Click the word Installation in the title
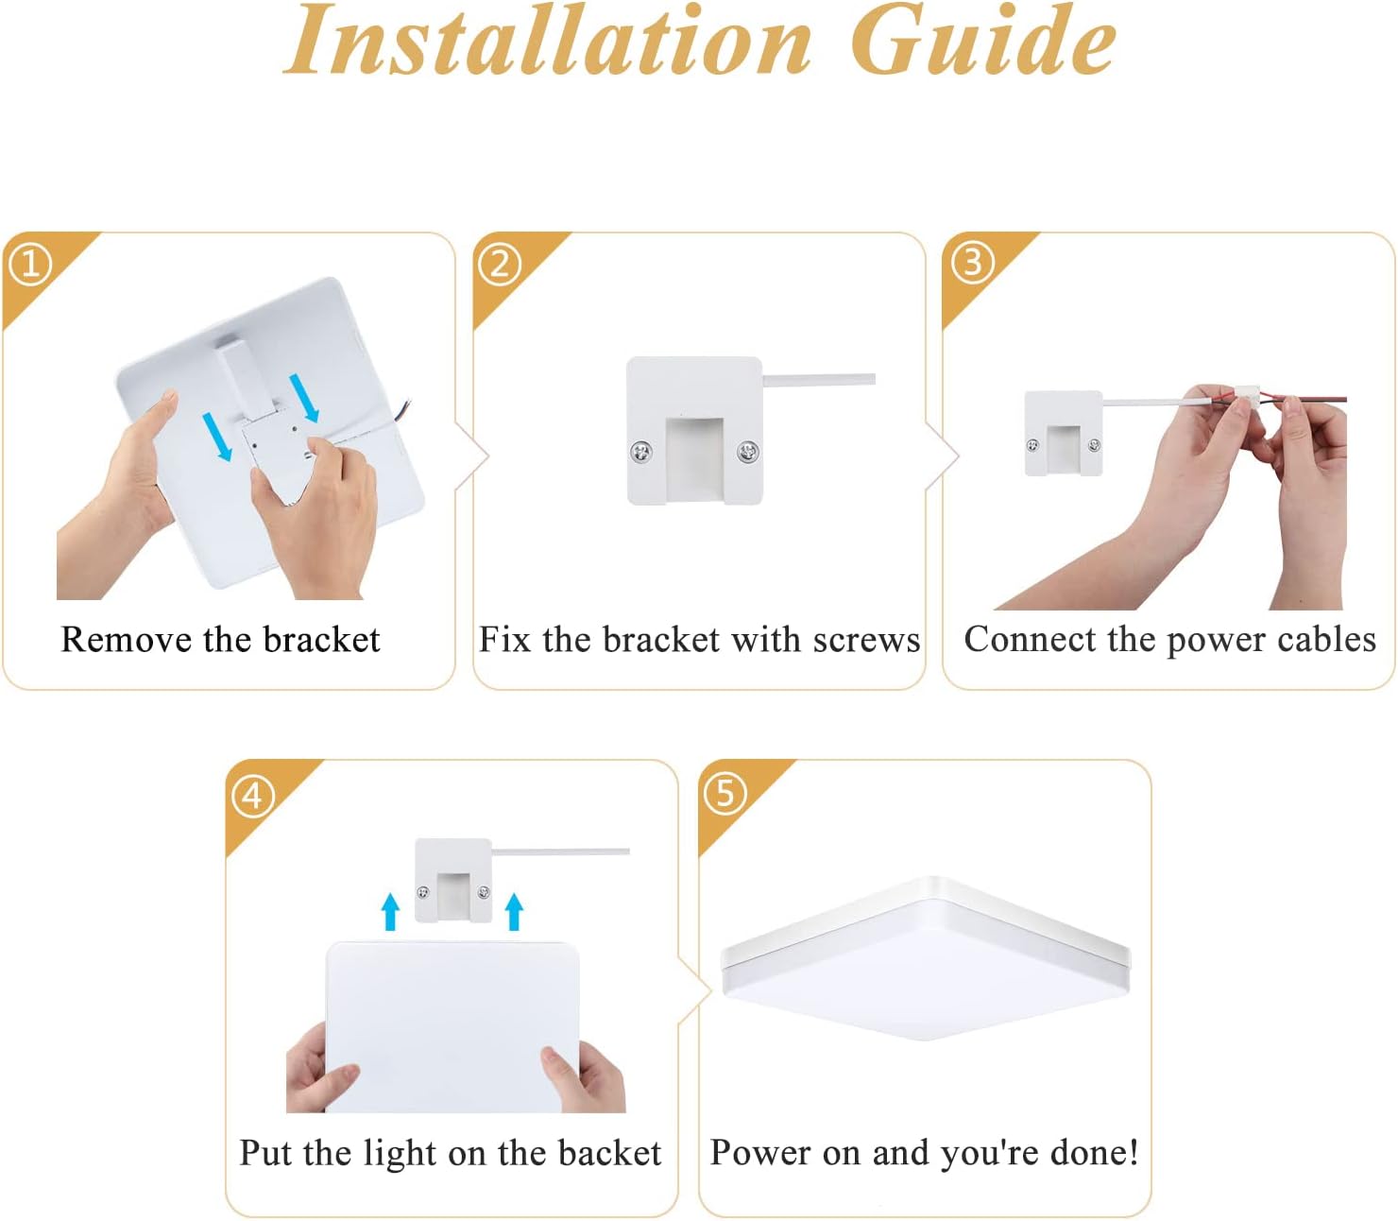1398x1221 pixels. pyautogui.click(x=548, y=43)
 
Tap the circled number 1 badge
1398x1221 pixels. pyautogui.click(x=30, y=264)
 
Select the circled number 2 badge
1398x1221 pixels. pyautogui.click(x=500, y=264)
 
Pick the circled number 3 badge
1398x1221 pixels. pyautogui.click(x=971, y=263)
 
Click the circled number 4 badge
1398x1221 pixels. pyautogui.click(x=252, y=796)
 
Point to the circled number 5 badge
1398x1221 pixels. pyautogui.click(x=725, y=793)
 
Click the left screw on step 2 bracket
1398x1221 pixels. pyautogui.click(x=642, y=453)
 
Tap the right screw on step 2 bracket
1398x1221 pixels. pyautogui.click(x=747, y=453)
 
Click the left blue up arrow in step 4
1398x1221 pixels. pyautogui.click(x=390, y=911)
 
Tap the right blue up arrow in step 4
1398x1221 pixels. pyautogui.click(x=514, y=911)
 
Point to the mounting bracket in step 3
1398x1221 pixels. pyautogui.click(x=1064, y=433)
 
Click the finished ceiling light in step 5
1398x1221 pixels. pyautogui.click(x=926, y=959)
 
